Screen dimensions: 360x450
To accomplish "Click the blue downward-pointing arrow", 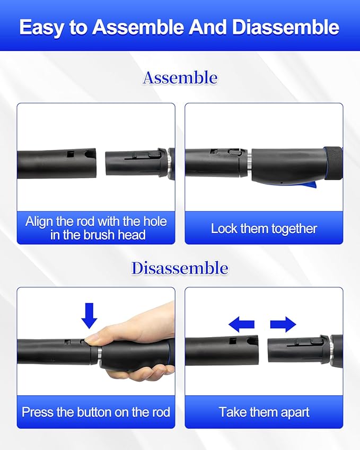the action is (x=89, y=315).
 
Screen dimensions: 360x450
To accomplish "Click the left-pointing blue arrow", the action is (x=241, y=324).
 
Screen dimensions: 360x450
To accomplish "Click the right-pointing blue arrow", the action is (x=283, y=324).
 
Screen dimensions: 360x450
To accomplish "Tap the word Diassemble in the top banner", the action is (x=286, y=27).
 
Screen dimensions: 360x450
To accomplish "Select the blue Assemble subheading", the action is (x=180, y=78).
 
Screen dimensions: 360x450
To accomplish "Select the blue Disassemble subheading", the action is (x=180, y=268).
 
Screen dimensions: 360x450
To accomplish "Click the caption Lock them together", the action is (x=264, y=229).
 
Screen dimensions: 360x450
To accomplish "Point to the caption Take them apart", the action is (x=264, y=412).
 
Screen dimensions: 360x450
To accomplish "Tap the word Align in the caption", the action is (x=39, y=222).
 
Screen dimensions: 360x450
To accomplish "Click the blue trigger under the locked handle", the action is (x=311, y=185).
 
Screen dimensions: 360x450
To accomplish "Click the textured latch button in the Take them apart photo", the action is (x=316, y=341).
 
